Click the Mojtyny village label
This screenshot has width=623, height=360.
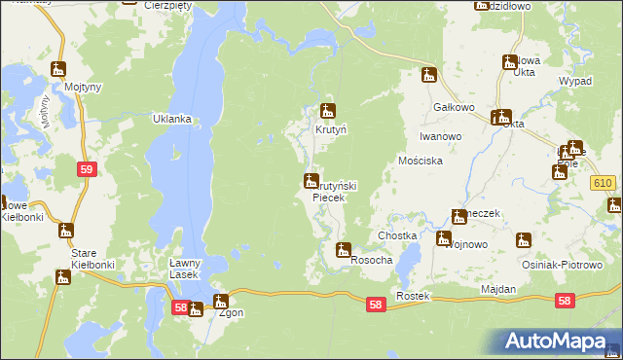pyautogui.click(x=59, y=87)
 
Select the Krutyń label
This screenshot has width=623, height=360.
pyautogui.click(x=330, y=128)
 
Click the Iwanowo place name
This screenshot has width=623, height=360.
pyautogui.click(x=440, y=137)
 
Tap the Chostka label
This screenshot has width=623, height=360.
pyautogui.click(x=397, y=236)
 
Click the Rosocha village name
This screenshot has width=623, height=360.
pyautogui.click(x=371, y=260)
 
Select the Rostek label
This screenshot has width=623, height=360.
pyautogui.click(x=413, y=295)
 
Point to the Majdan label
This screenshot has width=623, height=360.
pyautogui.click(x=498, y=290)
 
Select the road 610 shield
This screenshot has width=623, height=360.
pyautogui.click(x=603, y=184)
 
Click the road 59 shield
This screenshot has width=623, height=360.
pyautogui.click(x=87, y=169)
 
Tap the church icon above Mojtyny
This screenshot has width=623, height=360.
pyautogui.click(x=59, y=69)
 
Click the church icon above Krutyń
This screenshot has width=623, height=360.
pyautogui.click(x=329, y=111)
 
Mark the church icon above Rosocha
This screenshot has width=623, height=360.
pyautogui.click(x=343, y=250)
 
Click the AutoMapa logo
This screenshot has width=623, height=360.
pyautogui.click(x=554, y=341)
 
